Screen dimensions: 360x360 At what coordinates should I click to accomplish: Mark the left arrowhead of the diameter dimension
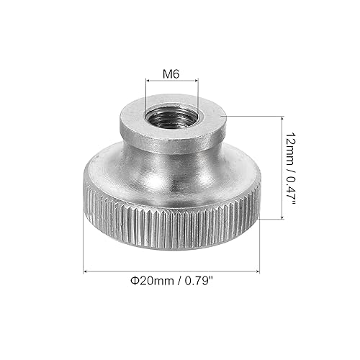click(87, 271)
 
